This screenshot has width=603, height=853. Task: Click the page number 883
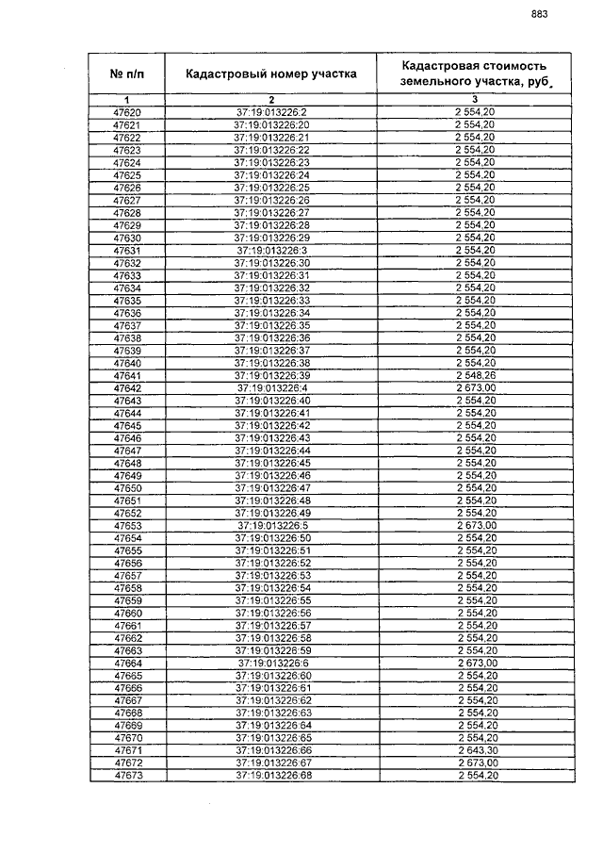click(539, 14)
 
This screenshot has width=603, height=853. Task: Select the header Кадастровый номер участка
click(270, 74)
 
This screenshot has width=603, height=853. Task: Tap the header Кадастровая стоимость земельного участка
click(474, 74)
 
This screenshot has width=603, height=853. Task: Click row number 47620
click(126, 113)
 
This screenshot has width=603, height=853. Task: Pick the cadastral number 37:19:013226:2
click(271, 113)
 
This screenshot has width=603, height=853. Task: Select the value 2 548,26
click(475, 375)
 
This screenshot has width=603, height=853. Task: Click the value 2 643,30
click(475, 749)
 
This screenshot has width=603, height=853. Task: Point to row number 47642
click(126, 387)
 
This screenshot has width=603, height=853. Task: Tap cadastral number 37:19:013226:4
click(271, 387)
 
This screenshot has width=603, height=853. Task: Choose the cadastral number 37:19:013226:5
click(271, 525)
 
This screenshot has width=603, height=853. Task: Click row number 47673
click(126, 775)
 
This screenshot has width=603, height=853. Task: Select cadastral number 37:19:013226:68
click(271, 775)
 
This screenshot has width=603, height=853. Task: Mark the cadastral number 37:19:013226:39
click(271, 375)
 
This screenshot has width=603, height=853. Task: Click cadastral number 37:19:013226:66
click(271, 749)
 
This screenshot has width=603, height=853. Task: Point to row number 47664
click(126, 663)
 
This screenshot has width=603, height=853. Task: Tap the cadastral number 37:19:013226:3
click(271, 251)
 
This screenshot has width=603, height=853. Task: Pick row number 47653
click(126, 525)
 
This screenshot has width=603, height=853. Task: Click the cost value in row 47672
click(475, 762)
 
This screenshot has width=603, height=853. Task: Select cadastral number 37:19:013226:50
click(271, 537)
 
